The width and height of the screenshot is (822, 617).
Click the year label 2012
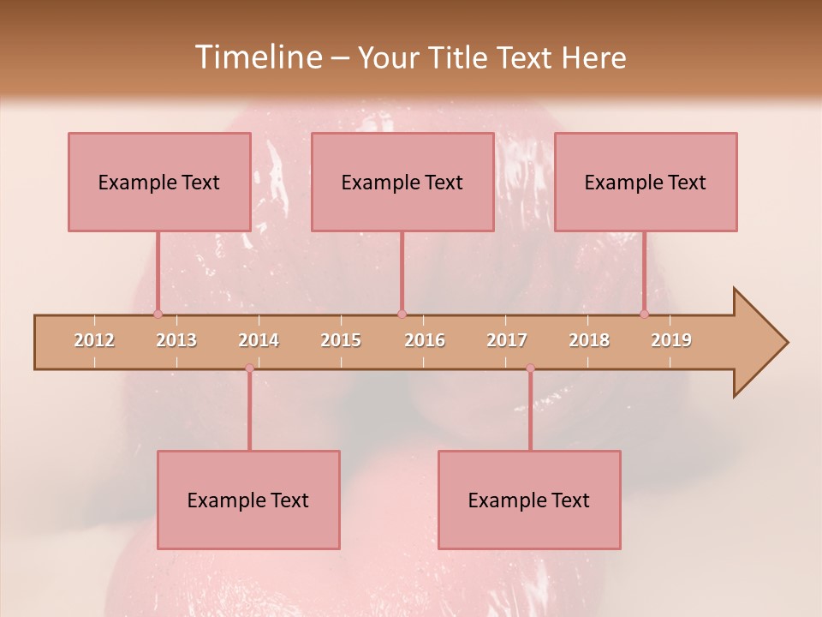94,340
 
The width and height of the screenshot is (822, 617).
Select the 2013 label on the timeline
176,340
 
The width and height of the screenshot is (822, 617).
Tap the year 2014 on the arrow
259,340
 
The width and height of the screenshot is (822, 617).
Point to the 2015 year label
341,340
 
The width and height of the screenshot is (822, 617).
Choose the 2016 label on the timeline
425,340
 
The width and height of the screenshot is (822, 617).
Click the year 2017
507,340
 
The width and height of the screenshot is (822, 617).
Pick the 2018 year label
589,340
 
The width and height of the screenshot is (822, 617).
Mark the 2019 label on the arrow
671,340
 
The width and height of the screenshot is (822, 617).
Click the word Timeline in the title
257,57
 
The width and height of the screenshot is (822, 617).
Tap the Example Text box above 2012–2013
159,182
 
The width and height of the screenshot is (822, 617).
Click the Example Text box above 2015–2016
402,182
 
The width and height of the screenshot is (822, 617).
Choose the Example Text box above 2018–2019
646,182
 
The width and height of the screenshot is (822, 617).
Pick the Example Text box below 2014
248,500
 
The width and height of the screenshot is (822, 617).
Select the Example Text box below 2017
529,500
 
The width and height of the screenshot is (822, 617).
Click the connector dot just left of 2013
158,314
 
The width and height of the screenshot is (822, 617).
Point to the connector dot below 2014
249,368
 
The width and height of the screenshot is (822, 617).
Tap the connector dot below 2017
530,368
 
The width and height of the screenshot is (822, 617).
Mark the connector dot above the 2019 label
644,314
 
